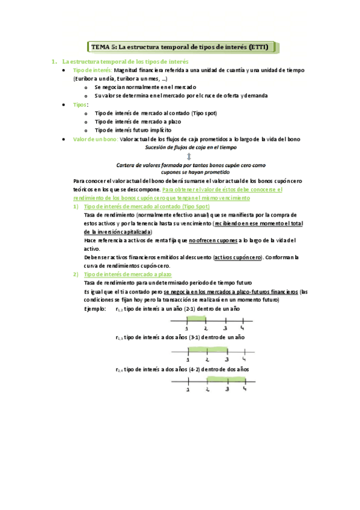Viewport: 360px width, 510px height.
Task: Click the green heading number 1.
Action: click(x=53, y=61)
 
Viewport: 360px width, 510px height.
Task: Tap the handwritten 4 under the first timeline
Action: click(x=242, y=328)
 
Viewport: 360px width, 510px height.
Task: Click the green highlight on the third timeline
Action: click(x=226, y=379)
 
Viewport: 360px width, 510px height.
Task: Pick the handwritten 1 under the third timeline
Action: click(x=188, y=390)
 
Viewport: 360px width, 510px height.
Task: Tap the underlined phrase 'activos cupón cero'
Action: click(x=237, y=257)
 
